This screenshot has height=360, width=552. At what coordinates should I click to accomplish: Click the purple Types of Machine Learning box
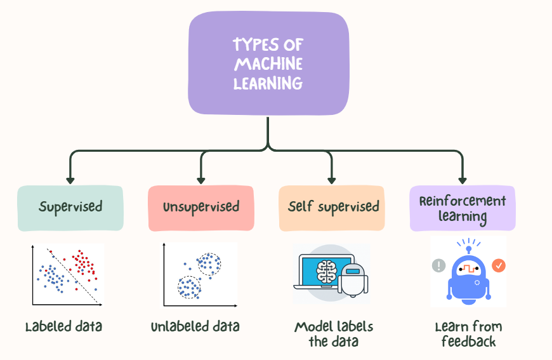point(268,64)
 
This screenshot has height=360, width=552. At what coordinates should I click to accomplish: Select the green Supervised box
point(70,208)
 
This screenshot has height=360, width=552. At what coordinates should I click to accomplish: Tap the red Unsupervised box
point(201,208)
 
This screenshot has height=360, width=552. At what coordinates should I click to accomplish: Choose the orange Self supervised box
point(332,208)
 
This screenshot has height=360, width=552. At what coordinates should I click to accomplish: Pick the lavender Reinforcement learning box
point(463,208)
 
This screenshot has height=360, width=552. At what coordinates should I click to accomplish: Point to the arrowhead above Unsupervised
point(201,179)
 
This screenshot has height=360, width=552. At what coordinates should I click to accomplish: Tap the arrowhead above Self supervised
point(332,179)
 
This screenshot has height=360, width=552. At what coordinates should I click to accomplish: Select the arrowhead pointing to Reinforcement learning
point(463,179)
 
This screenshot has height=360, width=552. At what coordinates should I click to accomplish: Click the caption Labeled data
point(63,327)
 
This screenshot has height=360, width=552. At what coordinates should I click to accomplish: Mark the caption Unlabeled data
point(195,327)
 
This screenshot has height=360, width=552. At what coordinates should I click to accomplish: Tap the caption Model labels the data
point(334,334)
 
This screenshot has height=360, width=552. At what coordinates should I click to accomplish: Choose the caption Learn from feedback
point(468,334)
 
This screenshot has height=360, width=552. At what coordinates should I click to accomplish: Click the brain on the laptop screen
point(325,271)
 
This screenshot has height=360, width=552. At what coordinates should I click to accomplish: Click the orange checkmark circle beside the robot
point(499,265)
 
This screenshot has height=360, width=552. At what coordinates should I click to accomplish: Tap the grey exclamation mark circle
point(438,265)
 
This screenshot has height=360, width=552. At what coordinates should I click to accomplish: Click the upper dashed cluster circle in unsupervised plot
point(208,264)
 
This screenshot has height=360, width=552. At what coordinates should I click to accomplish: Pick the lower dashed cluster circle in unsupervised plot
point(188,287)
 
